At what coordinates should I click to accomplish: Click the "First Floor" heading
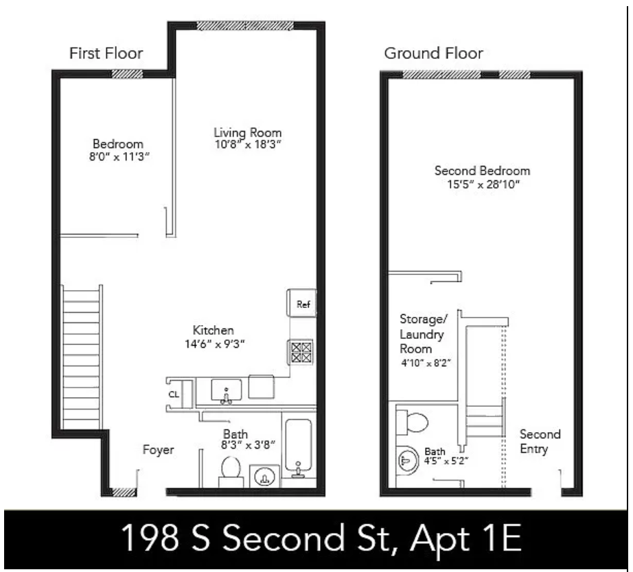tap(106, 54)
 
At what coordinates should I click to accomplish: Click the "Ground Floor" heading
tap(433, 53)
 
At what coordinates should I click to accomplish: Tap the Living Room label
tap(247, 132)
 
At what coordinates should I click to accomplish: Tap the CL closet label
tap(174, 394)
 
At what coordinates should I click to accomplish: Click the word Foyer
tap(158, 451)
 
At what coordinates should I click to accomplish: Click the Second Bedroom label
tap(482, 171)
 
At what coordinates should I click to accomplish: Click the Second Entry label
tap(540, 442)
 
